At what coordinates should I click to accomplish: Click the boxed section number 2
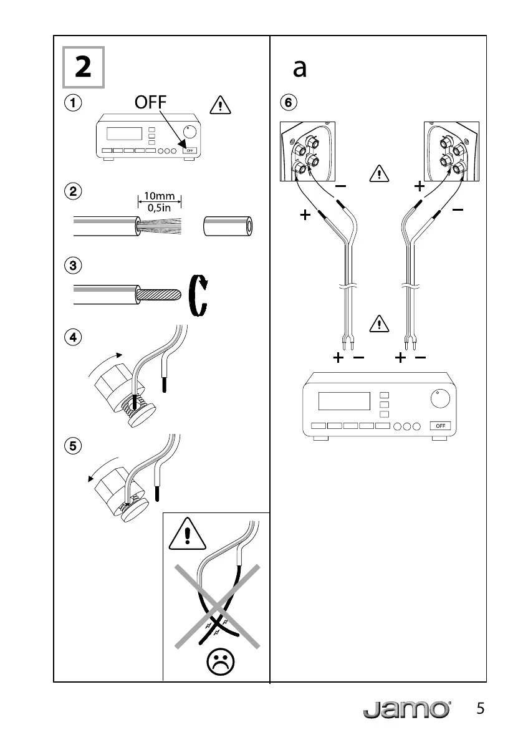[x=83, y=67]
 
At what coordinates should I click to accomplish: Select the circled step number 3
[x=74, y=266]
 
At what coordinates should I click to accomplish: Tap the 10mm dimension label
[x=160, y=196]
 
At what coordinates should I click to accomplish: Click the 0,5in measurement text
[x=160, y=208]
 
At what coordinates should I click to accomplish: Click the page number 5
[x=480, y=709]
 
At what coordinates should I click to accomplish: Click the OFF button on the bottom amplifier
[x=440, y=426]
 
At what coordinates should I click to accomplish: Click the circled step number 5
[x=74, y=446]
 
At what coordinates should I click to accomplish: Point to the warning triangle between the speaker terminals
[x=378, y=172]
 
